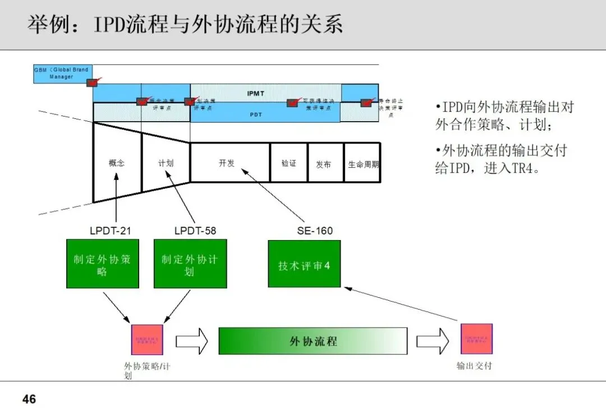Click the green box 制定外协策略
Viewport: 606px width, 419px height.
(x=102, y=264)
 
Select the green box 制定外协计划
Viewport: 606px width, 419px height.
(x=190, y=264)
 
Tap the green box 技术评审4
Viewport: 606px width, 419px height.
(x=304, y=264)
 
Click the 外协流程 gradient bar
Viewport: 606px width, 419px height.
(x=313, y=340)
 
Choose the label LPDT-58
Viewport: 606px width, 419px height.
(x=195, y=231)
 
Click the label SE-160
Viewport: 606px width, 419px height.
(x=314, y=231)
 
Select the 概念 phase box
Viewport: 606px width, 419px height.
(x=117, y=163)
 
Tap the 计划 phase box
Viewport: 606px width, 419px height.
(x=166, y=163)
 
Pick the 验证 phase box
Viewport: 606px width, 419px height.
(x=288, y=163)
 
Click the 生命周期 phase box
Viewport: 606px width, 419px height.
(x=362, y=163)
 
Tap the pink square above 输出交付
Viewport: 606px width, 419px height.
(x=476, y=339)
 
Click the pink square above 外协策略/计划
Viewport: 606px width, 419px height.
(x=147, y=339)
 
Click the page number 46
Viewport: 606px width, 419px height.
(x=29, y=399)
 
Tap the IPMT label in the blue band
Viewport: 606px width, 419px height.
(x=256, y=93)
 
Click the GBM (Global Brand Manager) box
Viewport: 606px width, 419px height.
(x=61, y=73)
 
